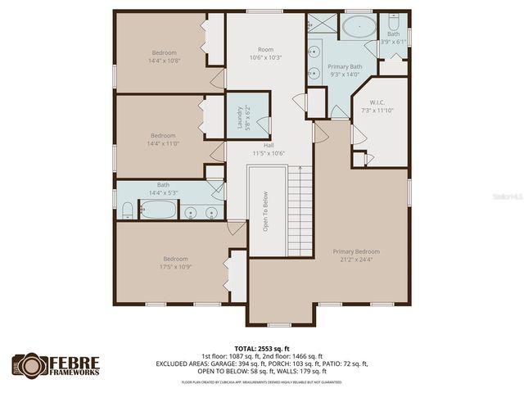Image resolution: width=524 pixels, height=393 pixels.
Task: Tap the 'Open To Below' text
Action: point(265,211)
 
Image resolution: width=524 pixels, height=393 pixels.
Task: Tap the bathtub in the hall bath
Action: point(157,211)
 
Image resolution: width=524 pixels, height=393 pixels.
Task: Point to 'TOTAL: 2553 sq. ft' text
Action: point(261,348)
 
